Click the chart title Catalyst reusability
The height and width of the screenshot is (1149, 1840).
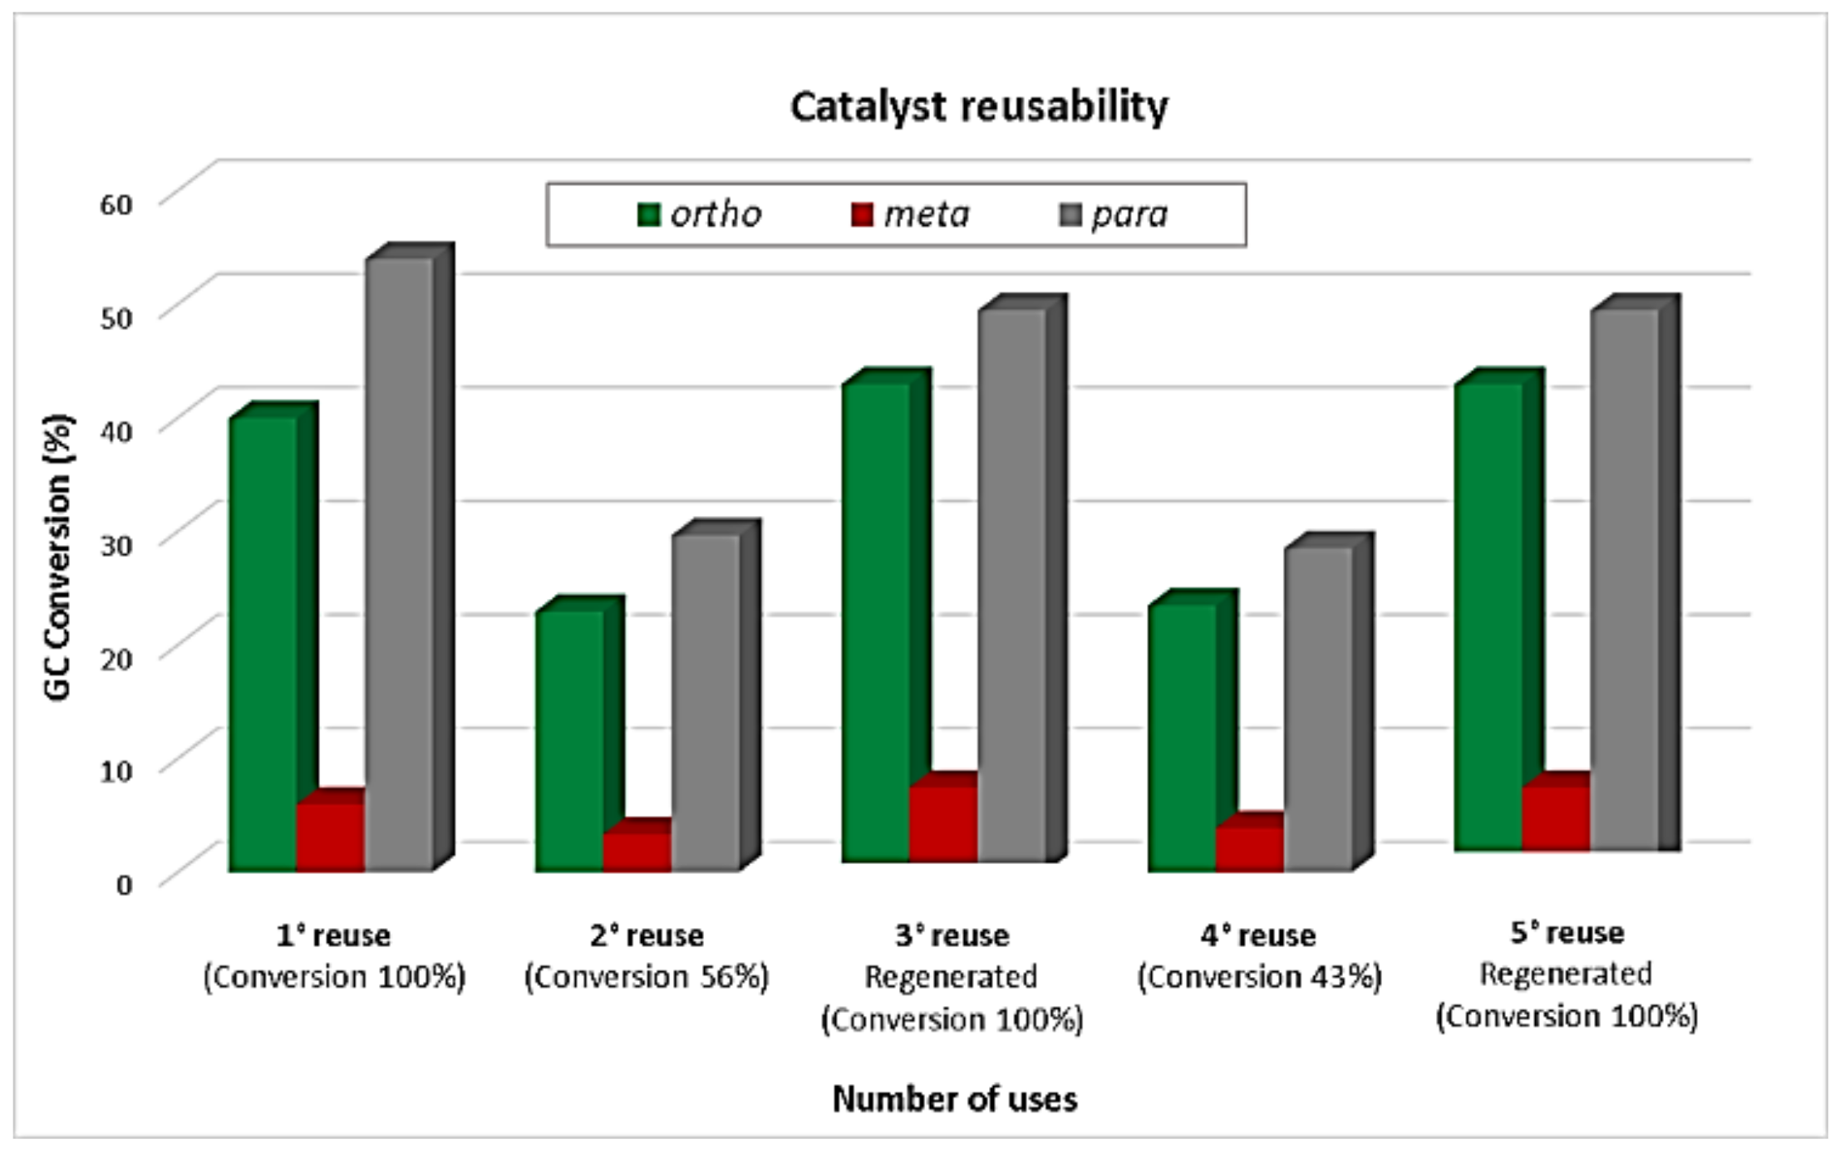coord(978,106)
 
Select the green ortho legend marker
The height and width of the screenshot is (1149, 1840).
coord(648,215)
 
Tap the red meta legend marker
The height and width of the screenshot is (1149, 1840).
coord(863,215)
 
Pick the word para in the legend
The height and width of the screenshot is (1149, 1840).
coord(1129,215)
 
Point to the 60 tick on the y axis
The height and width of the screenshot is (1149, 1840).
coord(116,204)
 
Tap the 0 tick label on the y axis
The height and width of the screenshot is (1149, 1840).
coord(124,884)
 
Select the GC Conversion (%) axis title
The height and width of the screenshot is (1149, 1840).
coord(58,557)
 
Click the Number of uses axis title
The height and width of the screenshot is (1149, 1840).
coord(954,1099)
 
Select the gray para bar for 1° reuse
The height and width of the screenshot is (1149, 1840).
coord(399,565)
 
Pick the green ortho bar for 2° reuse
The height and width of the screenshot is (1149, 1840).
coord(569,739)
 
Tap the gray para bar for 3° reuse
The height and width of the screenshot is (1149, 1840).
coord(1011,582)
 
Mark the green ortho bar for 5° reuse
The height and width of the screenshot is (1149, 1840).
coord(1488,615)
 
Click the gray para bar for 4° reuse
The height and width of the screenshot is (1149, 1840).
coord(1317,706)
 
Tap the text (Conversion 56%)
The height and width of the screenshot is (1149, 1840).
coord(646,977)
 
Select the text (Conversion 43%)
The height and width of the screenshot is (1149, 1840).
coord(1259,977)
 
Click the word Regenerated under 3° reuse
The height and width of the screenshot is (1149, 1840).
coord(951,977)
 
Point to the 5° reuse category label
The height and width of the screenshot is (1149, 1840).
coord(1567,933)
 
